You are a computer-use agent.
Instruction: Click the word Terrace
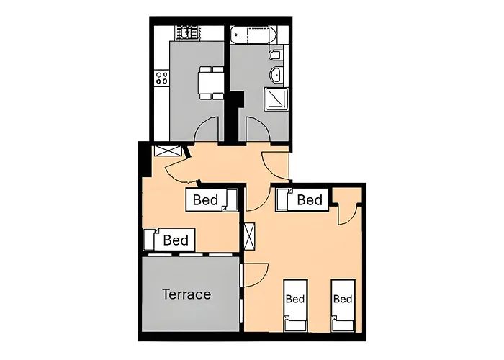point(186,294)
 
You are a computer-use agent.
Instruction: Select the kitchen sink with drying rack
point(186,32)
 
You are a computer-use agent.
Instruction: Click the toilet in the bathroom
point(276,55)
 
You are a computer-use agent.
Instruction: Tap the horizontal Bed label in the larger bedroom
point(310,199)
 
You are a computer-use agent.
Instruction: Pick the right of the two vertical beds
point(343,302)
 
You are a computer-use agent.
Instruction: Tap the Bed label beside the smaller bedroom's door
point(204,199)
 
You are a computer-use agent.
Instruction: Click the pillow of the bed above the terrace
point(150,239)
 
